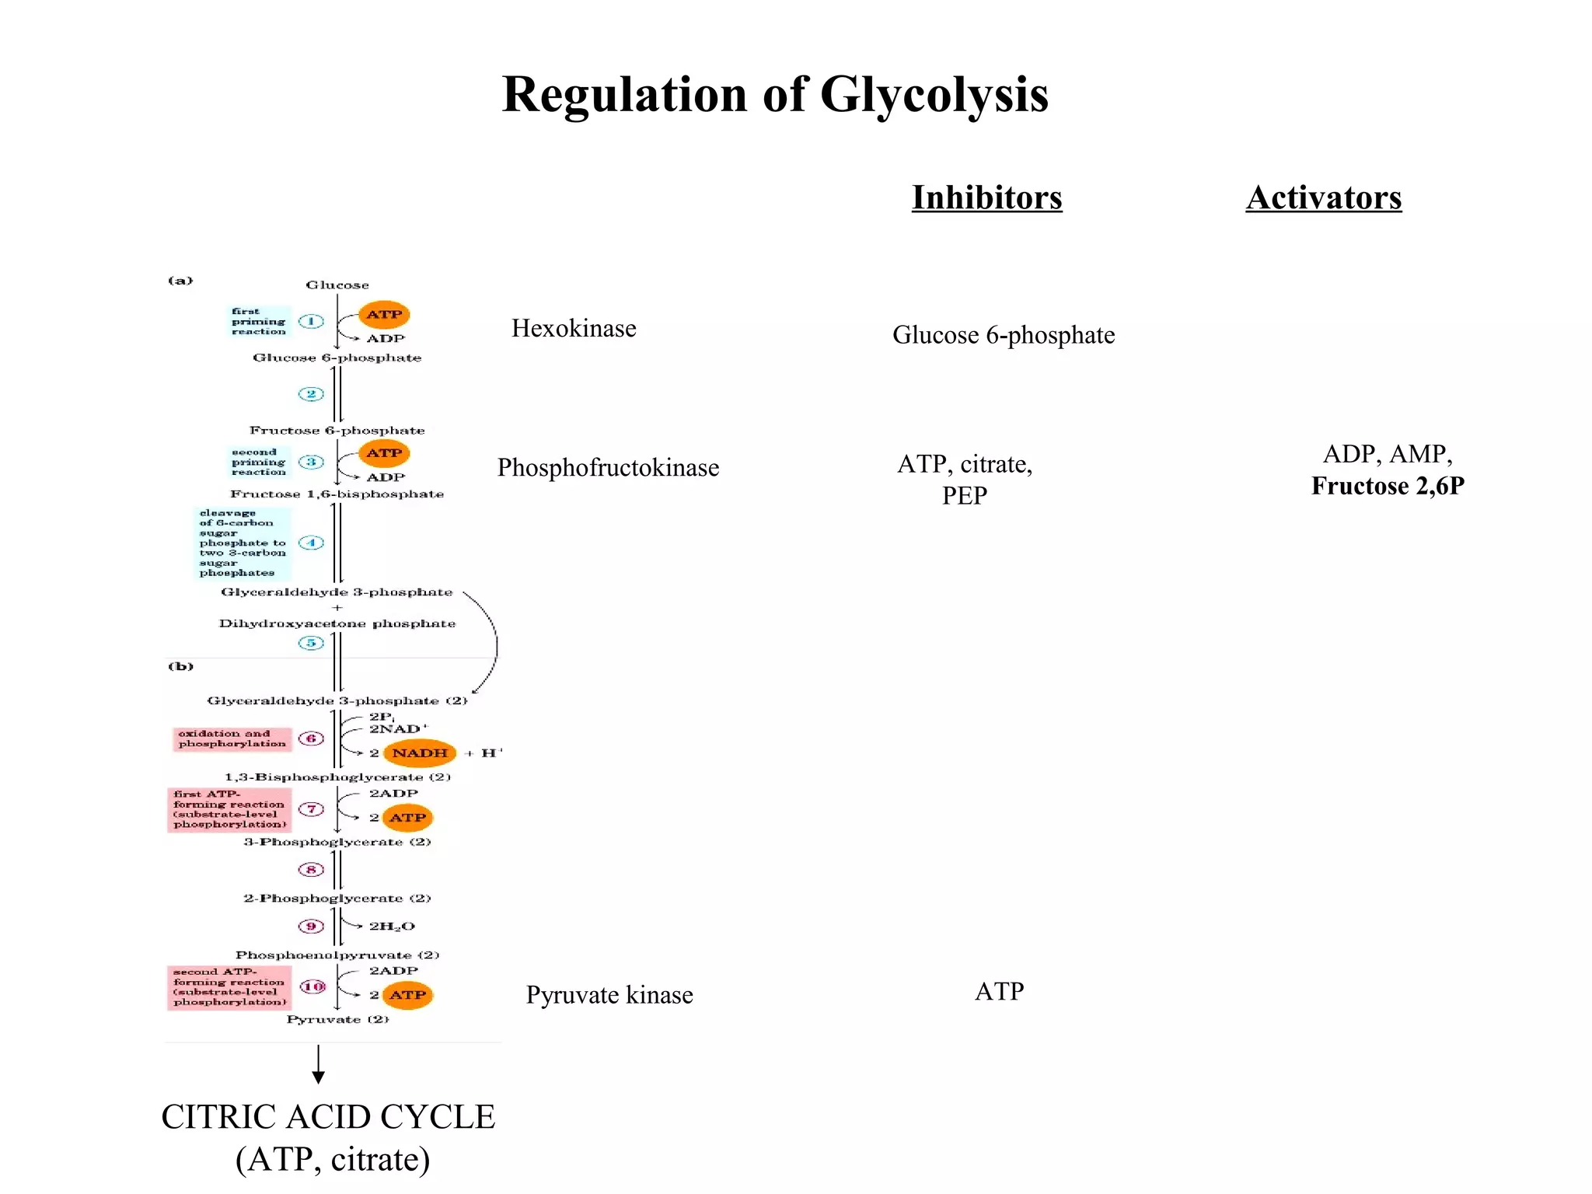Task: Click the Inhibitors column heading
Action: click(x=986, y=197)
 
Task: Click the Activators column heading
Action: click(x=1323, y=197)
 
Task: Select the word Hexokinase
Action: click(x=574, y=328)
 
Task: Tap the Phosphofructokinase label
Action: click(x=608, y=467)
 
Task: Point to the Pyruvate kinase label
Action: click(x=609, y=995)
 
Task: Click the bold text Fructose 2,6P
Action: click(x=1388, y=486)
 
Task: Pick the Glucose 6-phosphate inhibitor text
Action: click(x=1004, y=335)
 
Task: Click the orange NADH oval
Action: click(x=420, y=752)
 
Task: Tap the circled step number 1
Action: click(x=311, y=321)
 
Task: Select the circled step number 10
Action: click(x=312, y=986)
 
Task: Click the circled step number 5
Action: click(x=311, y=643)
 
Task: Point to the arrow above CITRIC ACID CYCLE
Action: click(x=318, y=1065)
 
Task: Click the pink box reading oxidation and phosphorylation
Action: click(x=232, y=738)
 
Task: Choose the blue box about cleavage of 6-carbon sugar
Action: click(x=242, y=543)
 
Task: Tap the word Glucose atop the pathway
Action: click(x=337, y=285)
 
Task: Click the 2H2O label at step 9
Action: click(x=392, y=926)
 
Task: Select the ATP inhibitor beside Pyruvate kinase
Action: click(x=1000, y=991)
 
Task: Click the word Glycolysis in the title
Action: click(x=934, y=95)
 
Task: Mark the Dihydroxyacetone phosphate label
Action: click(x=337, y=623)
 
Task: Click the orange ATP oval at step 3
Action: click(x=384, y=452)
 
